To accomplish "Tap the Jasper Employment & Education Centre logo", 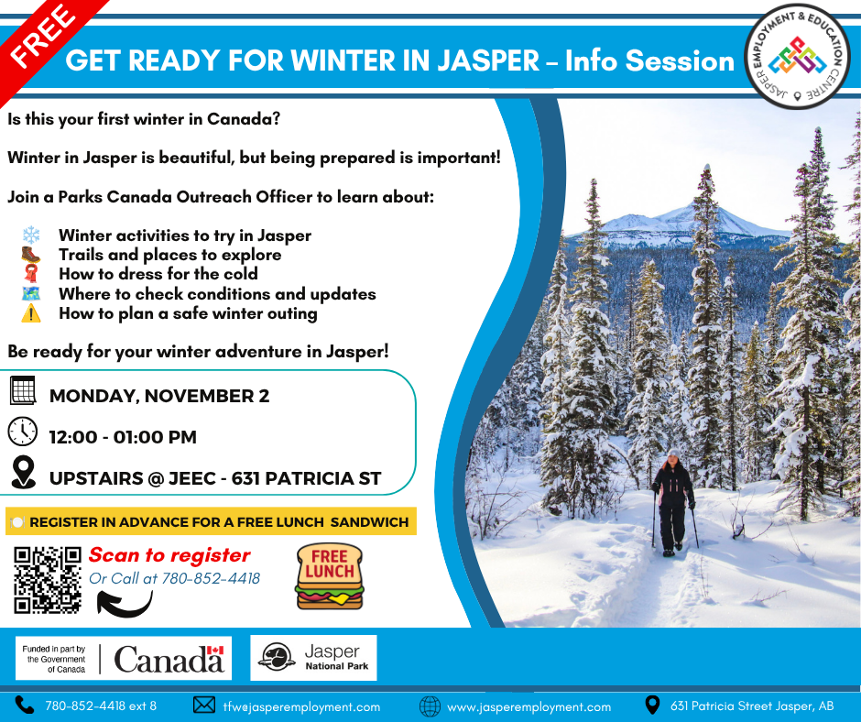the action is [798, 57].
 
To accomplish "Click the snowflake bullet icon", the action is [31, 235].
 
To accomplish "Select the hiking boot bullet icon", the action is [31, 255].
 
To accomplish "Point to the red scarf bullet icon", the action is [31, 274].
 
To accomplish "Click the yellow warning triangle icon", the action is [31, 313].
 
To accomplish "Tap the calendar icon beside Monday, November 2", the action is [23, 390].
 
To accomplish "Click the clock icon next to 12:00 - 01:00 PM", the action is [23, 432].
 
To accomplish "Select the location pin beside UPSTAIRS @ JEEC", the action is [23, 472].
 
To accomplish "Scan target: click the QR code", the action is [48, 580].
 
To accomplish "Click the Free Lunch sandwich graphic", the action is [330, 576].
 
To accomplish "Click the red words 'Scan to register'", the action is [169, 555].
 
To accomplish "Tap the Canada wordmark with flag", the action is [169, 659].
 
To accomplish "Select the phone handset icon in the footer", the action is [24, 705].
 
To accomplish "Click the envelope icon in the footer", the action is [204, 705].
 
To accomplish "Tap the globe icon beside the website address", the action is [430, 706].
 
